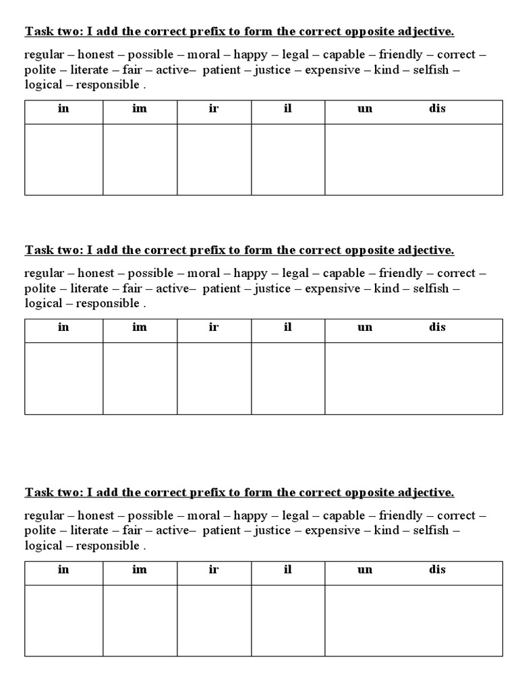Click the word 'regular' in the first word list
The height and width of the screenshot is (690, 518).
[44, 55]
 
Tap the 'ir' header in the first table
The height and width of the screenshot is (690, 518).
[214, 108]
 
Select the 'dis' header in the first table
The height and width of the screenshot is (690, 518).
[437, 108]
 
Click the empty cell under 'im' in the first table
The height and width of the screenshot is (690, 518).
[140, 160]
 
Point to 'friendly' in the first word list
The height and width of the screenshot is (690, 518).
[401, 55]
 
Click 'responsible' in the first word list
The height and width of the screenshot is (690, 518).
[107, 85]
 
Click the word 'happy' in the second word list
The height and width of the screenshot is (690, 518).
[250, 274]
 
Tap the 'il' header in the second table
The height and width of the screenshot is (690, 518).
[288, 327]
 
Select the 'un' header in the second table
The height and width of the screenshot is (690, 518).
[365, 327]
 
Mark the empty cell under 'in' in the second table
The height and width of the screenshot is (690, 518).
[63, 378]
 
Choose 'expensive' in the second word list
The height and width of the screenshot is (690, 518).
[333, 288]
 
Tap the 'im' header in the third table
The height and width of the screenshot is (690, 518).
[140, 570]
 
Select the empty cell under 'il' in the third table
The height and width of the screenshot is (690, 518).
[288, 621]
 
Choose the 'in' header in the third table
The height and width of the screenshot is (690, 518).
[63, 570]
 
